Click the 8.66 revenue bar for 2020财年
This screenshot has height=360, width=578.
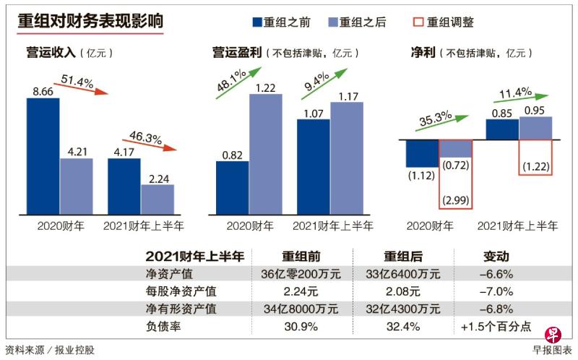43,155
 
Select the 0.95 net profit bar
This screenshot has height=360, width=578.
535,127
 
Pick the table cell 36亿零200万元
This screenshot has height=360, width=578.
301,274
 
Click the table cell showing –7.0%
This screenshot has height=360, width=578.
496,291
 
